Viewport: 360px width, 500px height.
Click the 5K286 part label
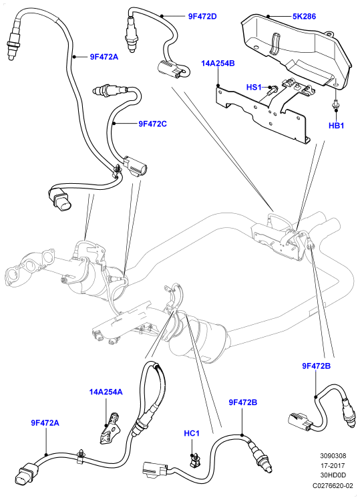305,16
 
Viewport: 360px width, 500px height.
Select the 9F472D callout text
202,16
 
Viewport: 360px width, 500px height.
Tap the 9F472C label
152,124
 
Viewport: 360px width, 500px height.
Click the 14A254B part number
218,63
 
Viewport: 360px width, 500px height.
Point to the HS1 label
254,87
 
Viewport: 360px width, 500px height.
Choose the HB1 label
337,125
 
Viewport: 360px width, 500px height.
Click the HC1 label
192,433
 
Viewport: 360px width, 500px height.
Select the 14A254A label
106,392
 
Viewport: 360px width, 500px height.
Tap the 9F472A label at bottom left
45,423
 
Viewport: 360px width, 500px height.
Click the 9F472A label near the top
104,57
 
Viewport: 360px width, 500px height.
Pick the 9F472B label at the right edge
317,366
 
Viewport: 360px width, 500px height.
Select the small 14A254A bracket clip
109,428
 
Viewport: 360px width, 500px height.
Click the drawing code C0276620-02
333,486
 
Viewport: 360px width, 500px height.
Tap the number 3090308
333,456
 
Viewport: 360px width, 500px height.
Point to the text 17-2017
333,465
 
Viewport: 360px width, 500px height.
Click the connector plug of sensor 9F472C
135,165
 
